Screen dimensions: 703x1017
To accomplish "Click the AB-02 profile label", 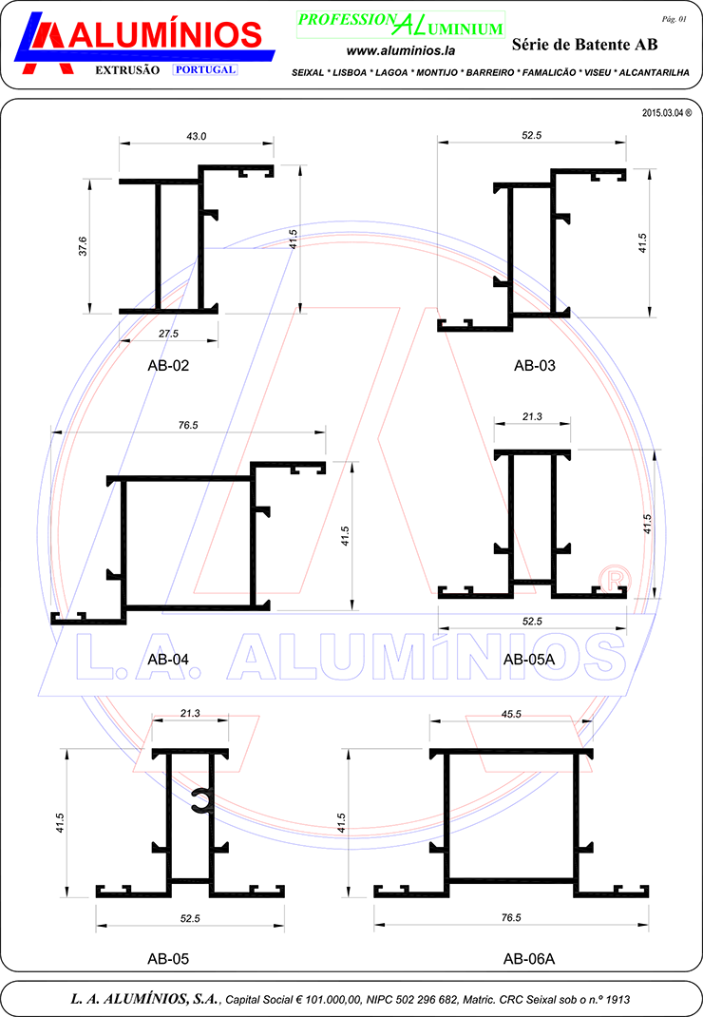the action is [x=168, y=366].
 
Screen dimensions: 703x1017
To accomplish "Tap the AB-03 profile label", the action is [x=535, y=366].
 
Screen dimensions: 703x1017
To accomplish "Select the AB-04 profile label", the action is [x=168, y=660].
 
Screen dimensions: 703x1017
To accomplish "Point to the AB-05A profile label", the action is [x=529, y=660].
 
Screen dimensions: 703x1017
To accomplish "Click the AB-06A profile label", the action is [x=529, y=959].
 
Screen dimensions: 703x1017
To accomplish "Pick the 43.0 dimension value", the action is [x=197, y=136].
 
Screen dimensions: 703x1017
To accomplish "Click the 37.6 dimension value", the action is [x=83, y=246].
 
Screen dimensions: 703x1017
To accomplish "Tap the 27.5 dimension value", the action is [x=168, y=334].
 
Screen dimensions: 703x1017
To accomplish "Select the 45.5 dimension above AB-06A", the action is [x=511, y=714].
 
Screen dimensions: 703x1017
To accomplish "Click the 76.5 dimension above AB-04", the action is [x=188, y=426].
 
